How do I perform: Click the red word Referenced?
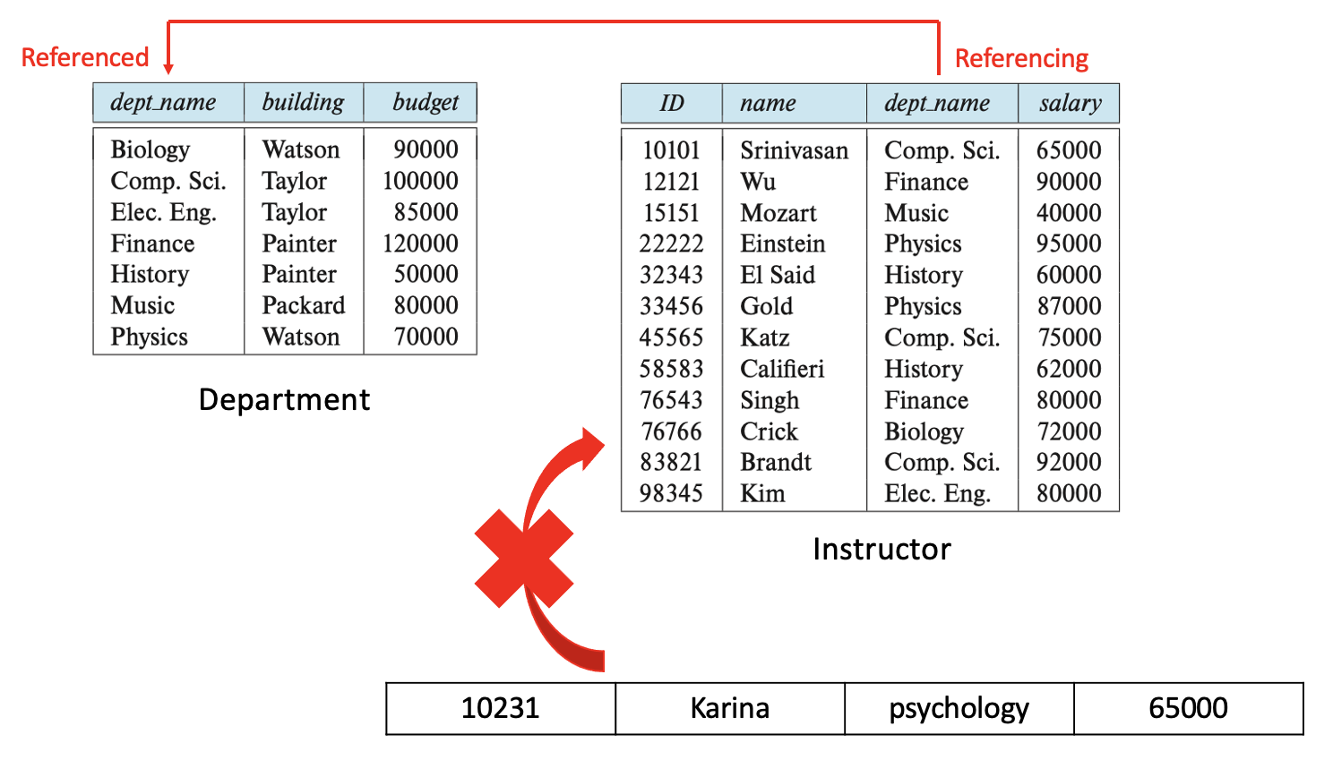(x=85, y=58)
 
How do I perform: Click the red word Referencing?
(x=1021, y=59)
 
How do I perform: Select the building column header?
(x=303, y=103)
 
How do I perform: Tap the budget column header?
(x=426, y=103)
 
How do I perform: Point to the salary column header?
(x=1070, y=104)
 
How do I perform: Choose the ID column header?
(x=672, y=104)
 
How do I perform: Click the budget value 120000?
(x=420, y=243)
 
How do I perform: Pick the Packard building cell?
(x=303, y=306)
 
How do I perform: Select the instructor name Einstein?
(x=782, y=244)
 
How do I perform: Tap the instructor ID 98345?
(x=671, y=494)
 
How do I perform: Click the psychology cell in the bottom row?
(x=959, y=709)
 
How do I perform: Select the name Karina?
(x=729, y=709)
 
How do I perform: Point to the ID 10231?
(x=500, y=709)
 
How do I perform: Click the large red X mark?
(x=524, y=559)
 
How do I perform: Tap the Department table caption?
(x=284, y=400)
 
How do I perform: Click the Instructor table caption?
(x=881, y=550)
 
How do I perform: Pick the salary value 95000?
(x=1069, y=244)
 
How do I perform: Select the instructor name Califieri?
(x=781, y=369)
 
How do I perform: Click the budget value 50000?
(x=426, y=275)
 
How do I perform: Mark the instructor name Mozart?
(x=778, y=213)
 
